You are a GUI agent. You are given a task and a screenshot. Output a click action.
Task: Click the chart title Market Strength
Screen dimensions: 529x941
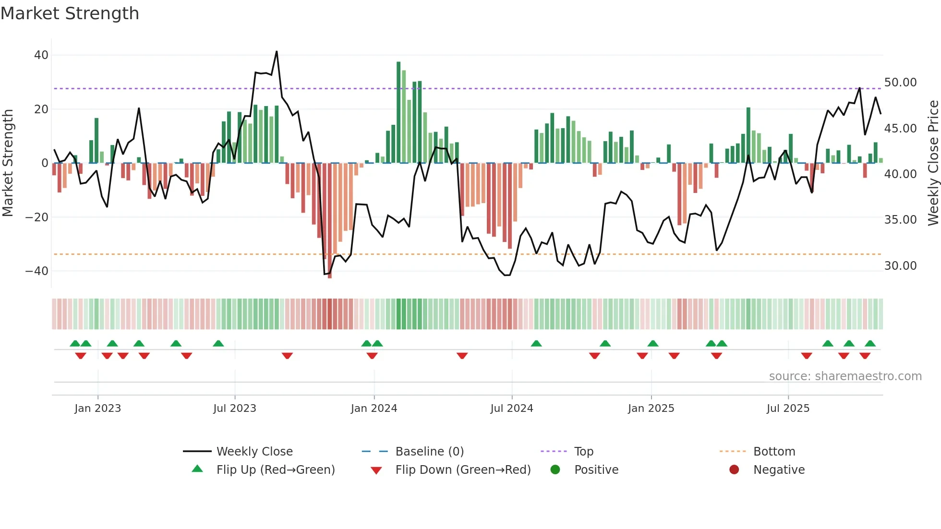click(70, 13)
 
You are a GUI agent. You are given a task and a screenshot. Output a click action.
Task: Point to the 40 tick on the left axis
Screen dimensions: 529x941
click(41, 55)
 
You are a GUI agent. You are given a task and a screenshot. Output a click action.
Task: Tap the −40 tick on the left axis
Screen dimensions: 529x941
click(37, 271)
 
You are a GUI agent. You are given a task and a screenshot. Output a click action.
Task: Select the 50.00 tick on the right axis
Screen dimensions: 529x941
click(900, 83)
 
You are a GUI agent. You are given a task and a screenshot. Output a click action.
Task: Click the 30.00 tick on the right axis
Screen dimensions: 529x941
click(900, 266)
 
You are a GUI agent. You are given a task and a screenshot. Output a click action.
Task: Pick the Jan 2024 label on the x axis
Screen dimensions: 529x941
click(374, 409)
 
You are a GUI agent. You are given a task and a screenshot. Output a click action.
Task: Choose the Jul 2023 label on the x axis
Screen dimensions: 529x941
click(235, 409)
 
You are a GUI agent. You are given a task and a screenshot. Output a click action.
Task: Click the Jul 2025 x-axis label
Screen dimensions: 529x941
click(788, 409)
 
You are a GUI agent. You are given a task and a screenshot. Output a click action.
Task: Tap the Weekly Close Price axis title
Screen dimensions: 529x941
click(933, 163)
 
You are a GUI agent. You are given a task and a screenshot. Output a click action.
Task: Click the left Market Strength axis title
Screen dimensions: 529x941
click(8, 163)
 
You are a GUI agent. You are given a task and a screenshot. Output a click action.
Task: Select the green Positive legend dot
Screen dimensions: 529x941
click(555, 470)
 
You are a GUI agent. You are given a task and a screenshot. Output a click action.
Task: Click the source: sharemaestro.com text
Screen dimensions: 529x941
click(845, 376)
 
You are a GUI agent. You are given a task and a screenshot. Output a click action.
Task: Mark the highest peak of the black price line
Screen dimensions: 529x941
click(277, 51)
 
